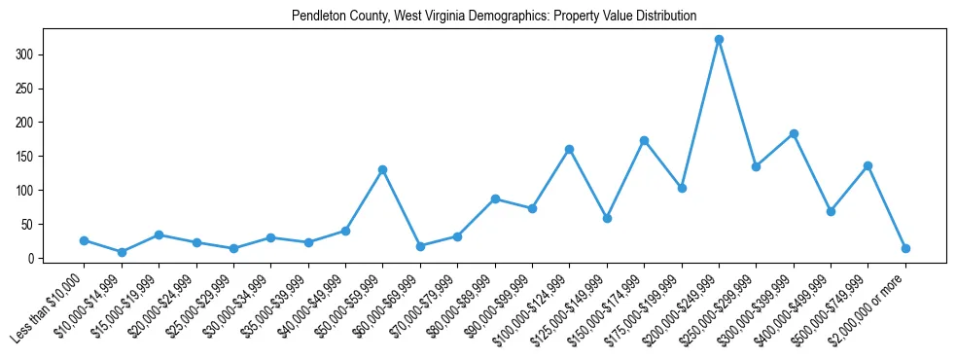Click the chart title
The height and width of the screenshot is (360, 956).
[x=494, y=17]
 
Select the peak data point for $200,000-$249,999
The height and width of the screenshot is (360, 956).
[x=719, y=40]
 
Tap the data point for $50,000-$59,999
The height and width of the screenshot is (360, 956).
[x=383, y=169]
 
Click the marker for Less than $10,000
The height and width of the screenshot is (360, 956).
[x=85, y=240]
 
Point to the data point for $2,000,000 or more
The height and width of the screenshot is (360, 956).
[x=905, y=248]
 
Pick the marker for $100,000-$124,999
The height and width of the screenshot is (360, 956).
[x=569, y=149]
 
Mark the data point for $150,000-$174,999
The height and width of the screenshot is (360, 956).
[x=644, y=140]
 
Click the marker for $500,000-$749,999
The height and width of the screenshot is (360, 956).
[x=867, y=165]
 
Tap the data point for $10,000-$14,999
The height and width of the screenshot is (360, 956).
[x=122, y=252]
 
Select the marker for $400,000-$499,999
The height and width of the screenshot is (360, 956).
[x=831, y=211]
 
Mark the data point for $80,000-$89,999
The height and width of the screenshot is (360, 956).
[x=495, y=198]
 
